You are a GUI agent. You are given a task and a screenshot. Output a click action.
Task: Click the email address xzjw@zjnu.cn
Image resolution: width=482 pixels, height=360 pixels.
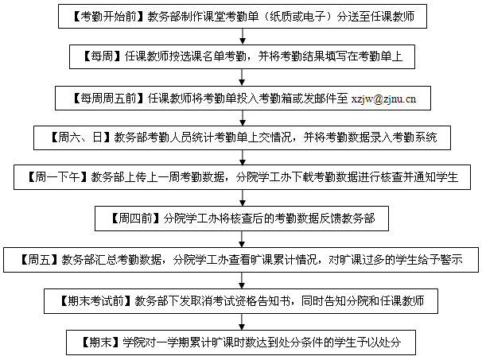coord(383,99)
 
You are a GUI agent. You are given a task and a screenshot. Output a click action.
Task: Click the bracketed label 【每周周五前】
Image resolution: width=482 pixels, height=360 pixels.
coord(108,99)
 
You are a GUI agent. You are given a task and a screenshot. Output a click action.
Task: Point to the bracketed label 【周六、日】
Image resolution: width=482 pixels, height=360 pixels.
coord(80,137)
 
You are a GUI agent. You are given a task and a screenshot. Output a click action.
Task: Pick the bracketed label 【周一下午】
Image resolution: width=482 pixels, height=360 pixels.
coord(58,177)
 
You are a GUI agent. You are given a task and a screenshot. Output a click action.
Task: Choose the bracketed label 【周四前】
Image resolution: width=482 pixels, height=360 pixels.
coord(135,219)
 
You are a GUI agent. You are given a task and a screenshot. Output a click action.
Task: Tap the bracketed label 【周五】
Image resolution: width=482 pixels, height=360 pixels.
coord(39,260)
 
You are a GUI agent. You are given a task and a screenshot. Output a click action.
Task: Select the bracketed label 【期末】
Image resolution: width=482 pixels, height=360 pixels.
coord(100,343)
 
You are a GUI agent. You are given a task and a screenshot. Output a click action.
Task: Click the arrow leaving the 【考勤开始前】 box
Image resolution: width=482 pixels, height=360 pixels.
coord(243,37)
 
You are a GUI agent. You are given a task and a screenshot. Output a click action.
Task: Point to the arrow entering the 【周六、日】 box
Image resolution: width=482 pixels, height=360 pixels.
coord(243,118)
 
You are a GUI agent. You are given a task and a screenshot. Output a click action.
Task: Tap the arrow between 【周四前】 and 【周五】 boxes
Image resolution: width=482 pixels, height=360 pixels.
coord(242,239)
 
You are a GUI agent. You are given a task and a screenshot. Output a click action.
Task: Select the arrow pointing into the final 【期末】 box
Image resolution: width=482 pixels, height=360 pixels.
coord(242,322)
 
